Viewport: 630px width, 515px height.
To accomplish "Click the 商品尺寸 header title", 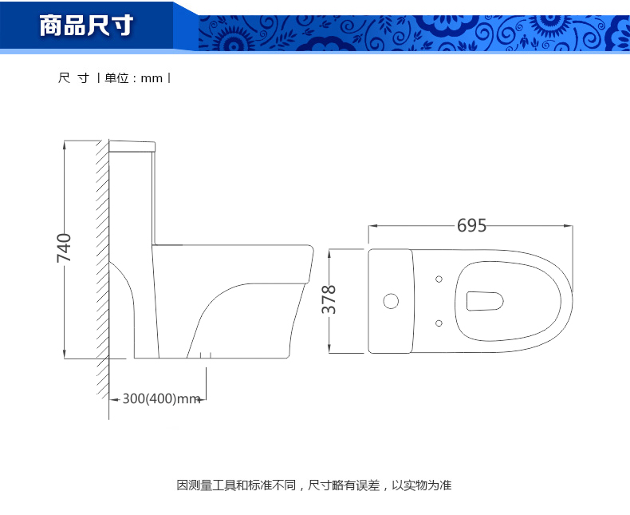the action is [x=86, y=26].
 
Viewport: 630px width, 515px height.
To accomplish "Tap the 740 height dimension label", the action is [x=64, y=248].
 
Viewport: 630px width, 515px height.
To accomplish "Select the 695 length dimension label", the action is [x=471, y=225].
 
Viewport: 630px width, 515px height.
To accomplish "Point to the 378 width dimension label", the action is [x=329, y=299].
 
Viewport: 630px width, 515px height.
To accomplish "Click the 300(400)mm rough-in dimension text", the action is [x=162, y=398].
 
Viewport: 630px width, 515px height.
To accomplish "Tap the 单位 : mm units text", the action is [x=133, y=78].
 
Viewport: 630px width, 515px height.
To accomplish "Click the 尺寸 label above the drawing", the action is [x=74, y=78].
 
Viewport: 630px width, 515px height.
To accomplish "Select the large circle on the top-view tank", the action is [x=391, y=301].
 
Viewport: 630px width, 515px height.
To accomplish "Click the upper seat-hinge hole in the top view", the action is [x=439, y=279].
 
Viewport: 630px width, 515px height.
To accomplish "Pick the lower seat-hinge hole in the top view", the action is [x=439, y=323].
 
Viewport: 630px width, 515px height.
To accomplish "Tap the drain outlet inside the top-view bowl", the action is [x=485, y=301].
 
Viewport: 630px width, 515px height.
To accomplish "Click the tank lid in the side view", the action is [x=132, y=146].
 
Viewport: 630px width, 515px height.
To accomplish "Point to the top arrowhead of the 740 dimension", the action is [x=65, y=145].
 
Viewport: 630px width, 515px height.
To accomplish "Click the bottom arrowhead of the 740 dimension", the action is [x=65, y=354].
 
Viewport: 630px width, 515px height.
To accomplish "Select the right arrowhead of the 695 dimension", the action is [x=569, y=226].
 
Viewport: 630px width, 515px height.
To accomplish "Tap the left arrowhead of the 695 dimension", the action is [x=373, y=226].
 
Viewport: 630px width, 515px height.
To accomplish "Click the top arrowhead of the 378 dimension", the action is [x=329, y=254].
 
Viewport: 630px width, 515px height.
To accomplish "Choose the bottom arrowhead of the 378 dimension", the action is [x=329, y=349].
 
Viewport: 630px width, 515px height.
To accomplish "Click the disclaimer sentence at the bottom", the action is [x=314, y=485].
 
